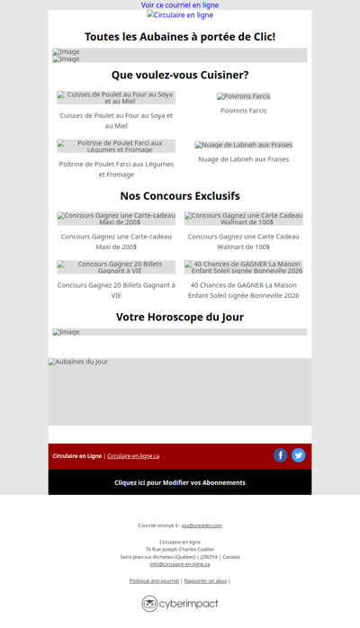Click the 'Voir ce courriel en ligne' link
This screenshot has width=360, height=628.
point(180,5)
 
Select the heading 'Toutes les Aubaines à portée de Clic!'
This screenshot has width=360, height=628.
point(180,37)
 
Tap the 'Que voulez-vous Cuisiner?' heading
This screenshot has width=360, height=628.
point(180,76)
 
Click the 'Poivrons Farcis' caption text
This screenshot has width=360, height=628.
point(243,111)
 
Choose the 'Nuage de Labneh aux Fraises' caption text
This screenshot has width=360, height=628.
point(243,159)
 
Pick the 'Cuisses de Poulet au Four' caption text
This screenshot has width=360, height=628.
point(116,121)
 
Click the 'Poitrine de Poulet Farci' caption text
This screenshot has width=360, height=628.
point(116,169)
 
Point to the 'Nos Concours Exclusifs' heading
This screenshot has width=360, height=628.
point(180,196)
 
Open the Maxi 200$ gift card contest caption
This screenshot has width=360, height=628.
point(116,241)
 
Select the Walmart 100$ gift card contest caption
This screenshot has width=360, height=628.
point(243,241)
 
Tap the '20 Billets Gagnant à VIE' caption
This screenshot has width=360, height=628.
point(116,290)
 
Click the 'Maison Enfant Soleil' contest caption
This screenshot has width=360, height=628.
point(243,290)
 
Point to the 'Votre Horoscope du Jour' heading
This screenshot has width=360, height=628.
point(180,318)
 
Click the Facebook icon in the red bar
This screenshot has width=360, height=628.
point(281,455)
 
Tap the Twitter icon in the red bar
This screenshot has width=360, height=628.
point(299,455)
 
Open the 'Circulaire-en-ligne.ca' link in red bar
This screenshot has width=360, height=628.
point(133,456)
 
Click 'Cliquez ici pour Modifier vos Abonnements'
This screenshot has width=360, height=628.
point(180,482)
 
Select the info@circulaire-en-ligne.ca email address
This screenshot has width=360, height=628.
point(180,564)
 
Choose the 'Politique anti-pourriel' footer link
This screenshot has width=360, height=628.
point(154,581)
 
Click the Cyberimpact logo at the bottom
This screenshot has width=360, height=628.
point(180,604)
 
